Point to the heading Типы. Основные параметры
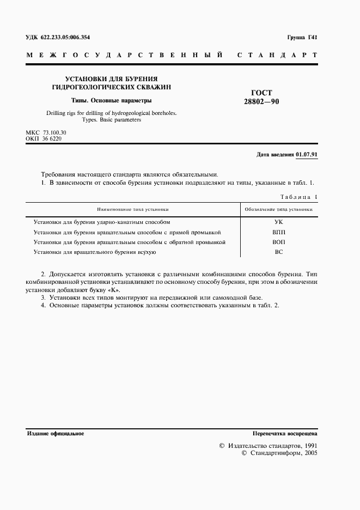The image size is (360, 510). (x=112, y=100)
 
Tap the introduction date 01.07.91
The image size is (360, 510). (x=307, y=154)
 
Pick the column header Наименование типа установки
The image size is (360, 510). (x=133, y=209)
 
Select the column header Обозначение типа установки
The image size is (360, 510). (x=278, y=209)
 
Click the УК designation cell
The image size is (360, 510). (x=278, y=222)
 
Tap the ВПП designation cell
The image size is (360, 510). (x=278, y=232)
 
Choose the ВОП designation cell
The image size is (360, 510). (x=278, y=242)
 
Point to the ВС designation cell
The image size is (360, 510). (x=278, y=252)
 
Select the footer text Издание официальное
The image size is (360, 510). (x=55, y=433)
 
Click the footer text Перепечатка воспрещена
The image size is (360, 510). (x=285, y=433)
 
